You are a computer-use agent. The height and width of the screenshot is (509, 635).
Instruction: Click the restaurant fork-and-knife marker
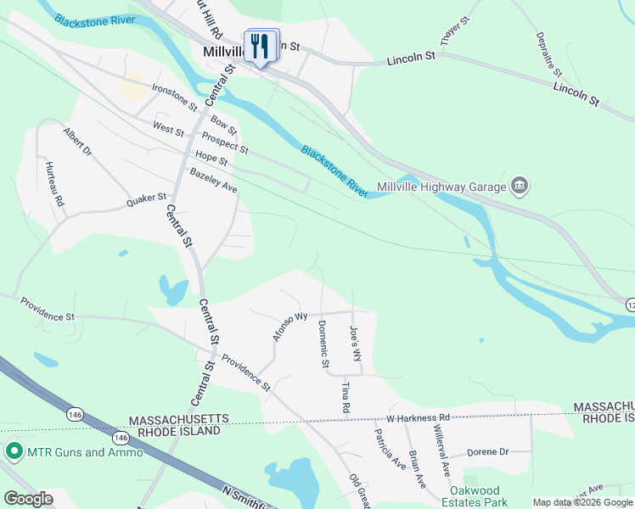click(261, 46)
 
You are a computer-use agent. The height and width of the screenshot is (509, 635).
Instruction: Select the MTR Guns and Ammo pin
click(14, 451)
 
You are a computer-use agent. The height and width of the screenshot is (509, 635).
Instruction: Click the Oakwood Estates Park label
click(486, 497)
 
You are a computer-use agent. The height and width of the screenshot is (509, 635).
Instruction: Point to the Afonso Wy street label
click(289, 327)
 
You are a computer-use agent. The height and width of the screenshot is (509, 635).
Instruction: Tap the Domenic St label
click(323, 344)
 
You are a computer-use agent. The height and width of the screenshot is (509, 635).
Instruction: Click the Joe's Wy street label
click(356, 343)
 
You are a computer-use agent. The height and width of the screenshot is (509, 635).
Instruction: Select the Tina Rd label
click(346, 397)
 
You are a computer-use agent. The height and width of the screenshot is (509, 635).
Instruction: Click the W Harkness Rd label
click(417, 418)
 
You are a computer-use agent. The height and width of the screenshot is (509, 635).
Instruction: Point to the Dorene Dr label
click(487, 452)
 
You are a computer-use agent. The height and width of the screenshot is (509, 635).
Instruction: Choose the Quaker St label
click(146, 200)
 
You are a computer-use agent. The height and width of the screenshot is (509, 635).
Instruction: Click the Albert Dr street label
click(76, 142)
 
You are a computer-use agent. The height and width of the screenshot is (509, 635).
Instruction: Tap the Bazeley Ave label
click(213, 180)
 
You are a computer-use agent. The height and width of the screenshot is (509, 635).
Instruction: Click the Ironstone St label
click(174, 98)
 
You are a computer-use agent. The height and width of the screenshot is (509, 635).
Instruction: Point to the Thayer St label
click(455, 31)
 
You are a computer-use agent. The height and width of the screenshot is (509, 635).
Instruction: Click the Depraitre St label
click(549, 53)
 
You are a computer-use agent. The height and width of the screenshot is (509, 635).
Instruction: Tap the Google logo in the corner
click(28, 499)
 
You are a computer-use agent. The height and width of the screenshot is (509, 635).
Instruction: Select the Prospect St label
click(225, 143)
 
